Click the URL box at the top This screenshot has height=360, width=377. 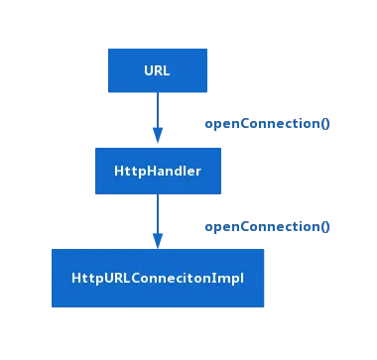tap(158, 70)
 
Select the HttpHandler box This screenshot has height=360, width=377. tap(158, 172)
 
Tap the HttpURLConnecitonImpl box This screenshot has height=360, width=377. tap(158, 277)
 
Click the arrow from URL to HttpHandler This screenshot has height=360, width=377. tap(157, 114)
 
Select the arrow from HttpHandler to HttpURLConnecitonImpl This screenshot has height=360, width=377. tap(157, 217)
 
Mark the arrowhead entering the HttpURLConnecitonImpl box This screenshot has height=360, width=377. tap(157, 239)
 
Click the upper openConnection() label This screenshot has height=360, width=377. tap(267, 124)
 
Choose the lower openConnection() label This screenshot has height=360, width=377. tap(267, 227)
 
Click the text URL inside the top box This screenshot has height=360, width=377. tap(158, 70)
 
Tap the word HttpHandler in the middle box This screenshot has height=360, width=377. tap(158, 172)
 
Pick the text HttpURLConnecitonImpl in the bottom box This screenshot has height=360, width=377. tap(158, 277)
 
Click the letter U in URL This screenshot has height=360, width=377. tap(148, 70)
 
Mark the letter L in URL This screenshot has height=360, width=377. tap(168, 70)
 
